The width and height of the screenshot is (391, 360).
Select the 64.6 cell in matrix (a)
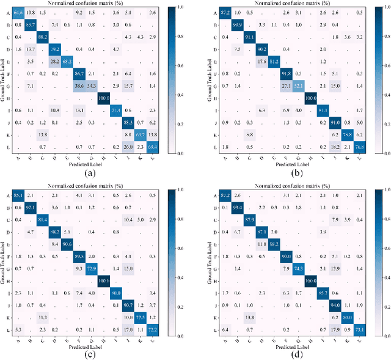pos(18,12)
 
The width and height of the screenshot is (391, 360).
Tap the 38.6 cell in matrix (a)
pos(79,86)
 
